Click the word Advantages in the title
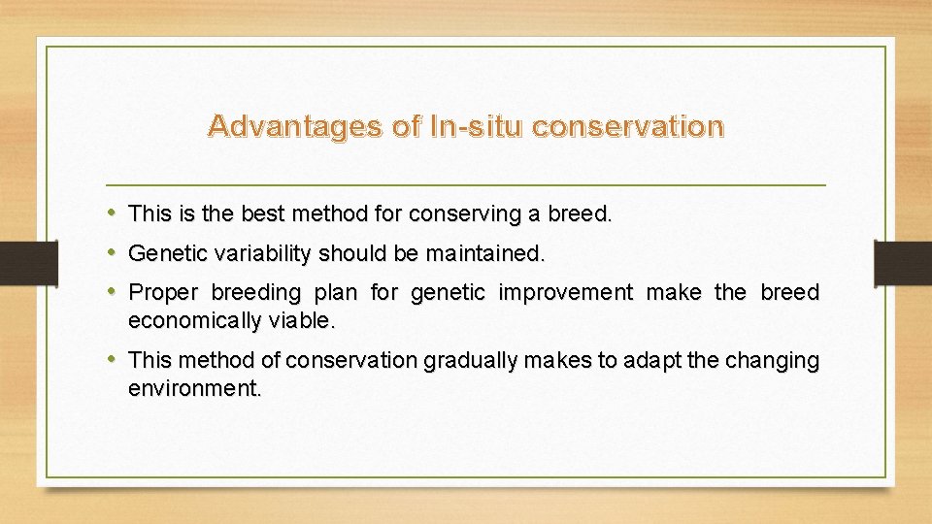[x=295, y=126]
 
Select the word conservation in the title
[x=628, y=126]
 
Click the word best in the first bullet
[x=263, y=213]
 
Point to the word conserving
[x=465, y=214]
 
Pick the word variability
[x=263, y=254]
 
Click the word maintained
[x=485, y=253]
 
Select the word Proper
[x=163, y=293]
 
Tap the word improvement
[x=566, y=292]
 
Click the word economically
[x=195, y=321]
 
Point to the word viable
[x=302, y=321]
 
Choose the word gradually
[x=470, y=361]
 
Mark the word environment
[x=195, y=388]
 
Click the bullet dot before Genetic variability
[x=111, y=252]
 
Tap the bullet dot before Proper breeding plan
[x=111, y=291]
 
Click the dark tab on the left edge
[x=29, y=263]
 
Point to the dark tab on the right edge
[x=903, y=263]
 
